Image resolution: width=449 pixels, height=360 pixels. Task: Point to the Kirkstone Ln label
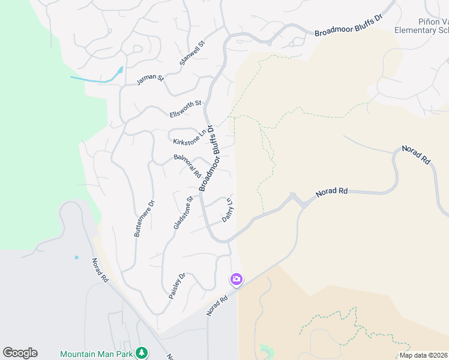(x=190, y=138)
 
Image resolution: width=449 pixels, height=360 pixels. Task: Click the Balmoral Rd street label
(x=187, y=166)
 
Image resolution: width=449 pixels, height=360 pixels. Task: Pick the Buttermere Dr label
(x=145, y=218)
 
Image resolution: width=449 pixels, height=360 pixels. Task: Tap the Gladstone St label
(x=183, y=212)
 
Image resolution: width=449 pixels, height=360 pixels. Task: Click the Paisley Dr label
(x=178, y=287)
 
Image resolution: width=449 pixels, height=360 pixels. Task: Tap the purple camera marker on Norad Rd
(x=236, y=279)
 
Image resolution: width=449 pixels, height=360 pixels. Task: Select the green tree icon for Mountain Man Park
(x=142, y=353)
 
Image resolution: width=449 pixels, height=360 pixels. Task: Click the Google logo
(x=20, y=353)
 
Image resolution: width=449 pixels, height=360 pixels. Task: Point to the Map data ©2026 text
(x=423, y=355)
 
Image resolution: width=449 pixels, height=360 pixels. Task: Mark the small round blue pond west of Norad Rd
(x=76, y=257)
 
